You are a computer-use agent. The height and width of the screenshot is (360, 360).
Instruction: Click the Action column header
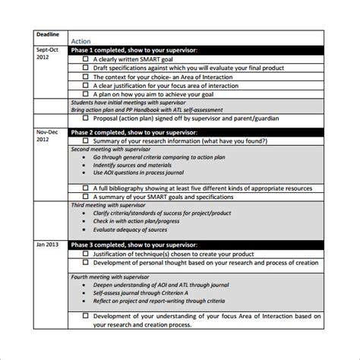point(81,41)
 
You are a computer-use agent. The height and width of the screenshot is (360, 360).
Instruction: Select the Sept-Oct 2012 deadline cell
point(46,54)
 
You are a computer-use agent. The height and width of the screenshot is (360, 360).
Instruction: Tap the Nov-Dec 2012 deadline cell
point(46,136)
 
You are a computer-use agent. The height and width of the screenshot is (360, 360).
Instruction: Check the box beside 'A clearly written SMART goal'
point(85,58)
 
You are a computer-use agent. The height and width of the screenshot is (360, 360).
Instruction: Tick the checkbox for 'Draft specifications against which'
point(85,67)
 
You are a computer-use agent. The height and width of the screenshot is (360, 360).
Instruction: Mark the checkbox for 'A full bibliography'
point(85,187)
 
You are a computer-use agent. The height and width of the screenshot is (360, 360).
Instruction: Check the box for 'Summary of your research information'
point(85,141)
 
